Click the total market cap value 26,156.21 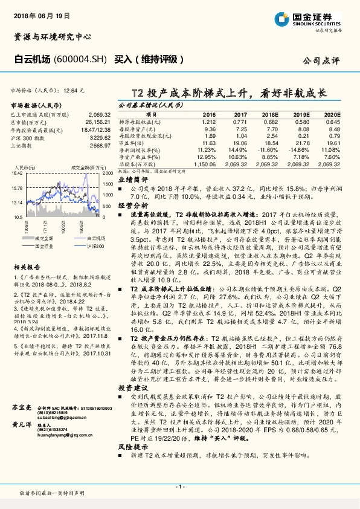(90, 121)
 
